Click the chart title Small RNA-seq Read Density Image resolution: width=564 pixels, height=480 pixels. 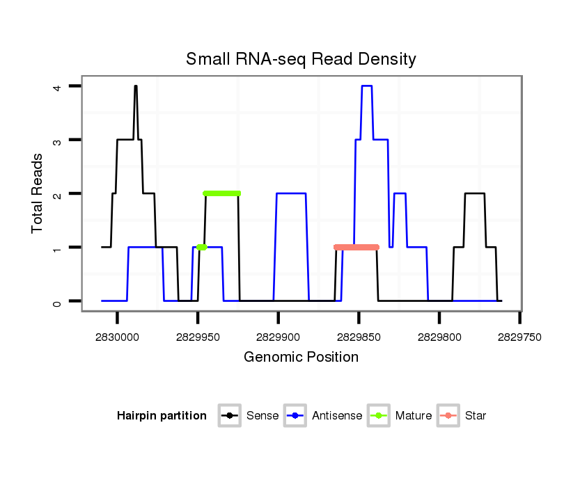click(x=301, y=59)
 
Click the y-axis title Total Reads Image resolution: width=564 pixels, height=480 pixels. click(x=38, y=193)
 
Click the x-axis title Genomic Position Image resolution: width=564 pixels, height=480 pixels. click(x=301, y=358)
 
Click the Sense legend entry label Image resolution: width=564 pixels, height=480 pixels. click(x=263, y=416)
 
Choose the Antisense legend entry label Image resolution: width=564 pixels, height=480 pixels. click(x=337, y=416)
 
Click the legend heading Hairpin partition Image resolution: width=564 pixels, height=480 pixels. click(x=162, y=416)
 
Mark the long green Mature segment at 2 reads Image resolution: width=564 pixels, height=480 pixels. click(x=221, y=193)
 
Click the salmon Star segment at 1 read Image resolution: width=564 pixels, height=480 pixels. click(x=356, y=247)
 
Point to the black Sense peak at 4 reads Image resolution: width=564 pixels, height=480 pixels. click(x=136, y=87)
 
